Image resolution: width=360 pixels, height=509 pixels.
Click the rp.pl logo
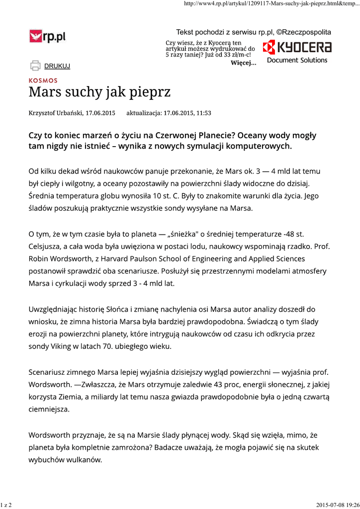(x=47, y=36)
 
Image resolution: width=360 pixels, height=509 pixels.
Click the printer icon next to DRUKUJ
(x=35, y=65)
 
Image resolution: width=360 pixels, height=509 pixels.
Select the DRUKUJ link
(x=57, y=66)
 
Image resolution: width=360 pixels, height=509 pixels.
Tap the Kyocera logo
(x=297, y=47)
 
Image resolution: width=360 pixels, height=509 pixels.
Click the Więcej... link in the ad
(x=244, y=63)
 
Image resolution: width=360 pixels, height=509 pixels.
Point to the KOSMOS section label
(x=43, y=81)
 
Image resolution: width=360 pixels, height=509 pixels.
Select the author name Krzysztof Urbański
(x=55, y=113)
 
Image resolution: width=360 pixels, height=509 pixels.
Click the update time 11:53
(x=203, y=113)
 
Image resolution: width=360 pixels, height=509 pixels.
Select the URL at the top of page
(x=271, y=4)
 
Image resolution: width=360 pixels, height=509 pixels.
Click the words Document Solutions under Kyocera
(x=297, y=60)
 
